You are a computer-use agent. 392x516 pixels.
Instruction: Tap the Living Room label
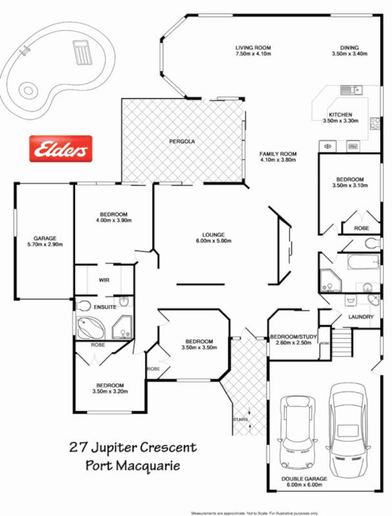coord(253,48)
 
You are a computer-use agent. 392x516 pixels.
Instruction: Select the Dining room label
coord(349,48)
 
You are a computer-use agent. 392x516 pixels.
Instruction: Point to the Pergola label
coord(182,141)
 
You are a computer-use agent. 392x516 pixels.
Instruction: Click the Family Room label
coord(278,154)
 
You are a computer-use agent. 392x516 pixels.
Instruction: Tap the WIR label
coord(103,281)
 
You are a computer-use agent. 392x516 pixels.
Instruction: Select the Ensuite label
coord(105,308)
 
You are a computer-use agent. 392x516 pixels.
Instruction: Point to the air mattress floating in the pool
coord(81,52)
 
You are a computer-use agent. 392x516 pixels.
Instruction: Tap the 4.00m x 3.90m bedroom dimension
coord(114,220)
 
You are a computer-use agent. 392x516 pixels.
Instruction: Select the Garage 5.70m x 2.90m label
coord(45,241)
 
